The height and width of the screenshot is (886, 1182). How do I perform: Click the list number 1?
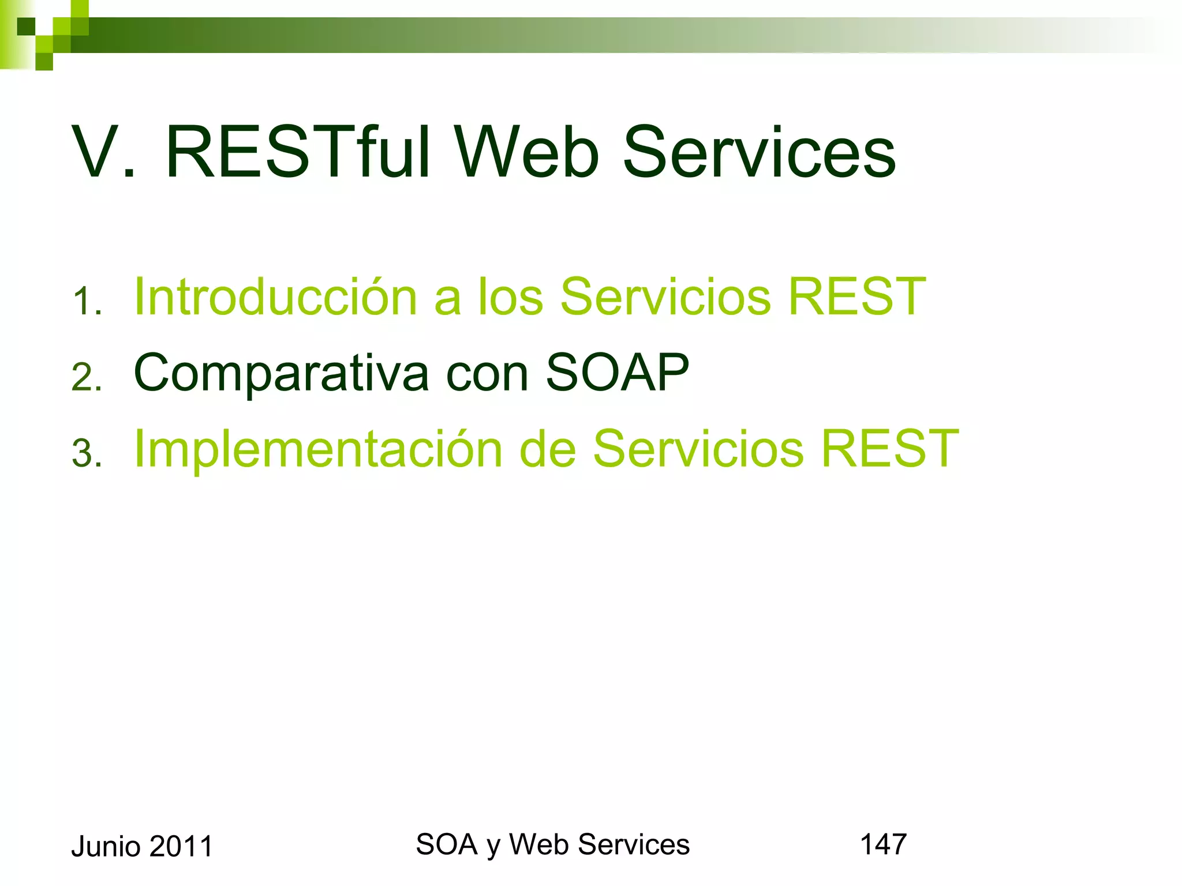coord(87,301)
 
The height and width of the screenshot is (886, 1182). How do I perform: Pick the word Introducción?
coord(275,296)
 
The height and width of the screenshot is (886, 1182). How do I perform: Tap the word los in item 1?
coord(510,296)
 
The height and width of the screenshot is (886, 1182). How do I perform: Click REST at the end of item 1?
coord(856,296)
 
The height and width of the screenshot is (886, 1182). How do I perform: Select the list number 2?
coord(87,378)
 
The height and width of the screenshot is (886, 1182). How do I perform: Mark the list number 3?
coord(87,453)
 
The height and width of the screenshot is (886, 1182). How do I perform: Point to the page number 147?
coord(883,844)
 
